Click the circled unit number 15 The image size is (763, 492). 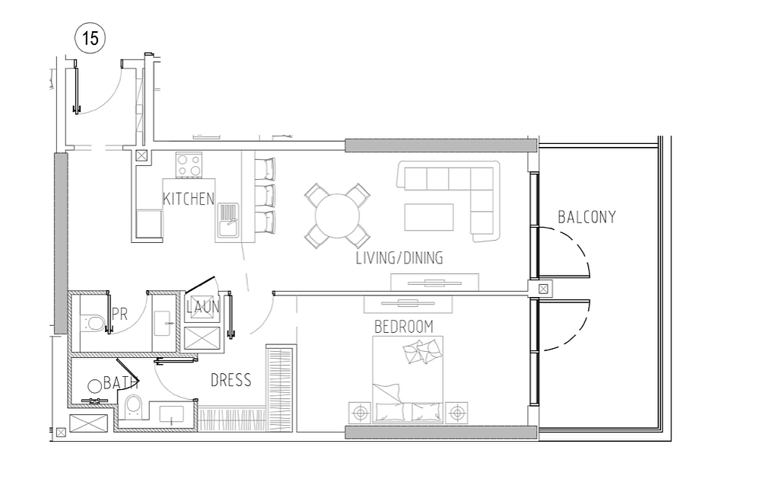[91, 38]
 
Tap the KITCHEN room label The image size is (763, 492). [189, 199]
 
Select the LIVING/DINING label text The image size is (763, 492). [399, 257]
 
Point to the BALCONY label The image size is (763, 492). [587, 217]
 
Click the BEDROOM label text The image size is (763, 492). [403, 327]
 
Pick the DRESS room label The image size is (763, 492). [231, 380]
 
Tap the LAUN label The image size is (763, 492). [203, 307]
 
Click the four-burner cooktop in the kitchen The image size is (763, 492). [189, 165]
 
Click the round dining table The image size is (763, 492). [338, 216]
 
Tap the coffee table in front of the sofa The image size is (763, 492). [429, 217]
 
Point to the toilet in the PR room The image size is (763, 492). [94, 322]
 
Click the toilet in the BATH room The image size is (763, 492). [132, 406]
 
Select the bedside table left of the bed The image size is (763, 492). [360, 413]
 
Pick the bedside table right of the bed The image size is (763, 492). [456, 413]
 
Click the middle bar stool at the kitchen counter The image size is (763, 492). [265, 196]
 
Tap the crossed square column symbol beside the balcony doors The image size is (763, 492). [543, 289]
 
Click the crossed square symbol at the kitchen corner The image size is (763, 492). [141, 156]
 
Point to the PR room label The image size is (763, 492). [119, 315]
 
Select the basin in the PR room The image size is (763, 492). [163, 324]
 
